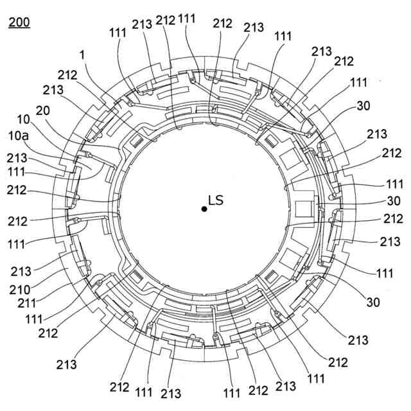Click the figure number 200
19,22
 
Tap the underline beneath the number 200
19,29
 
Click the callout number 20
44,110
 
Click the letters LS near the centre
216,200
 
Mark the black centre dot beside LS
204,209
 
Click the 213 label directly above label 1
142,24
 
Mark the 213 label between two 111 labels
171,393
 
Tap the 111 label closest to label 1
118,32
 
